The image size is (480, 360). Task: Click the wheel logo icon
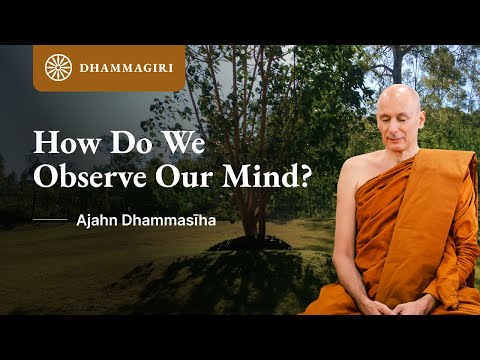(x=59, y=68)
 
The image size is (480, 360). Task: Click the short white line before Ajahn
(x=50, y=217)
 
